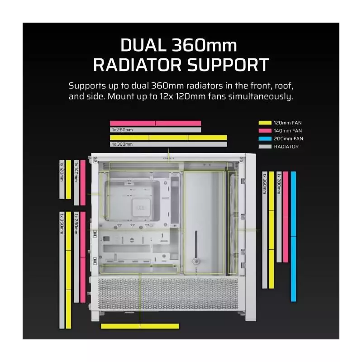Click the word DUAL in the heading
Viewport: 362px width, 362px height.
coord(143,45)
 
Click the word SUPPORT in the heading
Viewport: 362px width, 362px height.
coord(228,65)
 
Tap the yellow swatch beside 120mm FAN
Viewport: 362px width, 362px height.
coord(265,123)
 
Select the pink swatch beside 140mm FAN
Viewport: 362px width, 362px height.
coord(265,131)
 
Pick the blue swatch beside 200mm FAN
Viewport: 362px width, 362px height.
coord(265,138)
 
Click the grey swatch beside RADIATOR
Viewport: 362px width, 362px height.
coord(265,147)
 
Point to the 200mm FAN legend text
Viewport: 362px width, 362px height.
coord(288,138)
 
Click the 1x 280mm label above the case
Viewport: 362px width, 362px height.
coord(122,130)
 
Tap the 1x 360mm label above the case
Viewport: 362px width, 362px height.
coord(122,144)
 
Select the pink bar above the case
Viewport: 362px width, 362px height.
coord(155,123)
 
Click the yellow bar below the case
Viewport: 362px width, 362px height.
coord(140,326)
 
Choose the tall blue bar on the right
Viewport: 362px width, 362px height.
coord(293,236)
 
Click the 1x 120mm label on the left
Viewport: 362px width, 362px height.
coord(62,172)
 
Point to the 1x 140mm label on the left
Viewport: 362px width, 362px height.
coord(76,172)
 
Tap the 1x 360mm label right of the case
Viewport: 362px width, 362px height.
coord(265,184)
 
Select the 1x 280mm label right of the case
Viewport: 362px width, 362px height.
coord(279,184)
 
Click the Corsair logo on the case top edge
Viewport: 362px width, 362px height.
coord(169,158)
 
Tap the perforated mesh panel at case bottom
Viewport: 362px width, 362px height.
coord(168,294)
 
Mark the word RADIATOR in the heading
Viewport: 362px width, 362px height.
coord(138,65)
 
